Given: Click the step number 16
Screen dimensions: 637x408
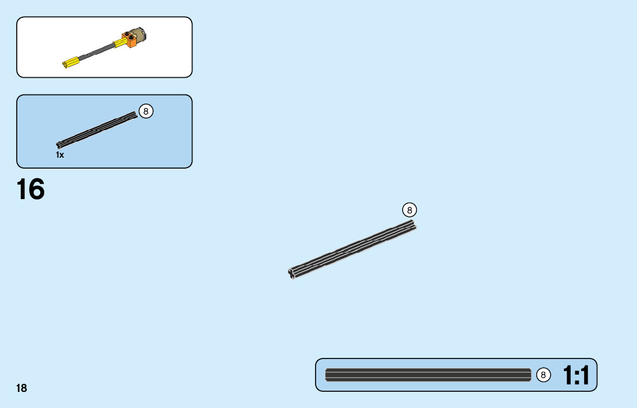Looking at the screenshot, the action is click(31, 189).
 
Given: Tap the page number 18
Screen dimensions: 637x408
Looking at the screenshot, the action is click(21, 388).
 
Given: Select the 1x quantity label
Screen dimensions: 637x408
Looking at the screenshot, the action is click(60, 155).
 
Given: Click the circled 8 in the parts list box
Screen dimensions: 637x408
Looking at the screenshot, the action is click(146, 111).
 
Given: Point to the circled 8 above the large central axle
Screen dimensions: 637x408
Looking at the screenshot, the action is click(409, 210).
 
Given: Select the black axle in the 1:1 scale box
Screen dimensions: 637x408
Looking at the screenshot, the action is click(427, 375).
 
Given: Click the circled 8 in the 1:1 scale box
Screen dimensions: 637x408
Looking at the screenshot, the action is click(543, 375).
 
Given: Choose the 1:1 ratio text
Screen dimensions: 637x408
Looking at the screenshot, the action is click(576, 376).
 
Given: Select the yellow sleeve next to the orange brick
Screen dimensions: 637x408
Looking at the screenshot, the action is click(122, 43).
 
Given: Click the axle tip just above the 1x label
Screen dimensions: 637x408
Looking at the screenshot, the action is click(59, 144).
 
